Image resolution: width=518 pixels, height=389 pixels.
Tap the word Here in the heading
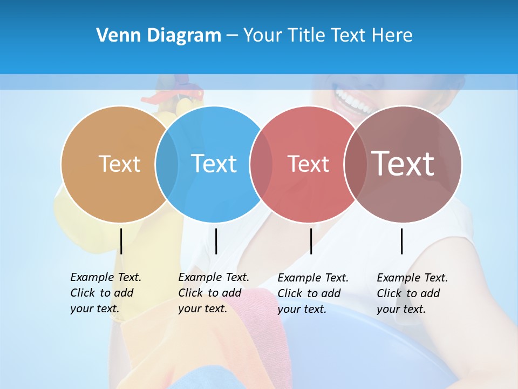(392, 36)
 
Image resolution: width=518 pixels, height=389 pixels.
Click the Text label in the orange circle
(119, 164)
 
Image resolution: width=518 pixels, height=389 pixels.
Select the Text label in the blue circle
(214, 164)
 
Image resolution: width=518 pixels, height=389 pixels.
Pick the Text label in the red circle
(308, 164)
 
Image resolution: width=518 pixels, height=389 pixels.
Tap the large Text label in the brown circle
(403, 164)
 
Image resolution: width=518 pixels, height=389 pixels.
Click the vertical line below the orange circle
(121, 241)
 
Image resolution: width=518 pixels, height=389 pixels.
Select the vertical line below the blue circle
(216, 241)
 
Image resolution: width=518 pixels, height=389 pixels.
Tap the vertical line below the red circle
(311, 241)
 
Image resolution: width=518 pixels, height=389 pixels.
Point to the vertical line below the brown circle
(402, 241)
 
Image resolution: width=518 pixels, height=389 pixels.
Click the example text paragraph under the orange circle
(106, 293)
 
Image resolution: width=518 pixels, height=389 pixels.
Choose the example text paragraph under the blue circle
(214, 293)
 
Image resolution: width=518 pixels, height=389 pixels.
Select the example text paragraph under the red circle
(313, 293)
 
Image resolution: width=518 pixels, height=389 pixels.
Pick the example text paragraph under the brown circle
(412, 293)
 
